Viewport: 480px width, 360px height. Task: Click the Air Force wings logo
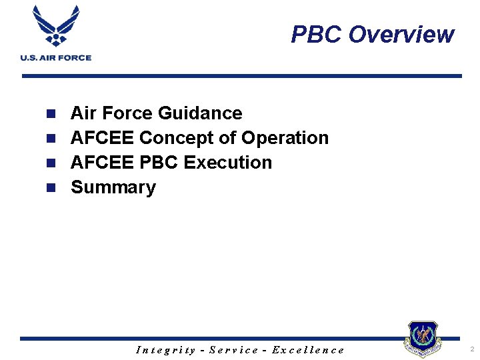[x=55, y=27]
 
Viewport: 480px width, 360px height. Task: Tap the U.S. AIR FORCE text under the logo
[x=55, y=58]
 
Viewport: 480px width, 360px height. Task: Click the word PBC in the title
[x=317, y=34]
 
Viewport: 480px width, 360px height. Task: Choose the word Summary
[x=113, y=187]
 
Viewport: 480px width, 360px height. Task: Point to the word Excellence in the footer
[x=307, y=350]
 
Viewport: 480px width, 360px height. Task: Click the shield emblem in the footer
[x=423, y=339]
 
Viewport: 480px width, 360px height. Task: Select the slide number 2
[x=471, y=349]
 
